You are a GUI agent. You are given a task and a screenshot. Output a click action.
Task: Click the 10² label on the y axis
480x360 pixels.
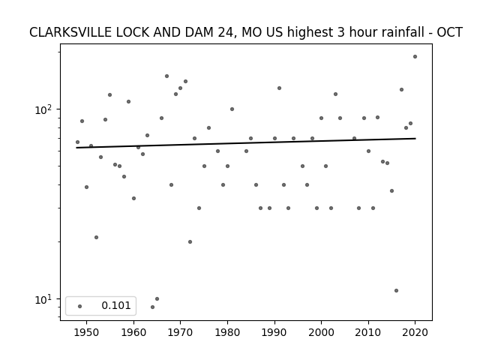click(x=44, y=109)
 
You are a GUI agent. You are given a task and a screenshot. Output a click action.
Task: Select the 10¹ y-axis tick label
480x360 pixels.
click(x=44, y=298)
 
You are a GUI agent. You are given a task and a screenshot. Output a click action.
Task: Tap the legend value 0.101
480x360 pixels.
click(x=116, y=306)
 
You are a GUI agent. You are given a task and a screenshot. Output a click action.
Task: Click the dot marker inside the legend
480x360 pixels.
click(x=79, y=306)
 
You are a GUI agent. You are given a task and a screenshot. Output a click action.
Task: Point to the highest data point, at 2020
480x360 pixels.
click(x=415, y=56)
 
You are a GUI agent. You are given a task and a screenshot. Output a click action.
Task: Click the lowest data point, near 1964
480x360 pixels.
click(x=152, y=307)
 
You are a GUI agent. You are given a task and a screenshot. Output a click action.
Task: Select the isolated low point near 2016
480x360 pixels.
click(x=396, y=290)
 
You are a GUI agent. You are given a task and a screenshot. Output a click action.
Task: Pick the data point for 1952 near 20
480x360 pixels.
click(x=96, y=237)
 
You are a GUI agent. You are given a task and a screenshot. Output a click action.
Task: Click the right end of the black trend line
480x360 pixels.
click(x=415, y=138)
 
